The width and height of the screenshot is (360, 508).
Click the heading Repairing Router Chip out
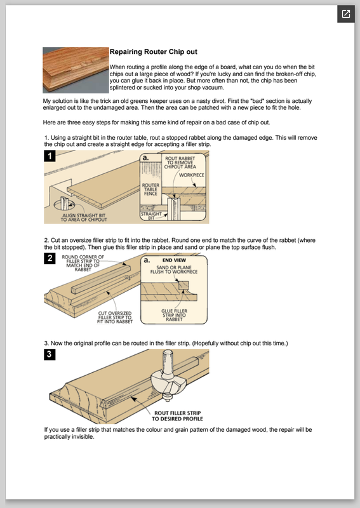tap(153, 52)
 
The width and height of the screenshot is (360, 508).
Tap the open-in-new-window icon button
tap(346, 14)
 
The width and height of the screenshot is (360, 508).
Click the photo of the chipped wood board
tap(76, 70)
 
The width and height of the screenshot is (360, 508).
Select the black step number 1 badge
tap(50, 156)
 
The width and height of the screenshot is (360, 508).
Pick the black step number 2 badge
tap(50, 258)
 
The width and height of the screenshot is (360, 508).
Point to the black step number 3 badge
tap(50, 354)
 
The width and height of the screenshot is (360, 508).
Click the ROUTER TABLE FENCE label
tap(150, 189)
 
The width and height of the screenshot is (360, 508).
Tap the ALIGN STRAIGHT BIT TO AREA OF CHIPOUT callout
tap(84, 217)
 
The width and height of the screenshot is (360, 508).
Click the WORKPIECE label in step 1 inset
tap(192, 175)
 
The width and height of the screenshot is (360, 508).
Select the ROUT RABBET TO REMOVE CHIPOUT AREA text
tap(180, 163)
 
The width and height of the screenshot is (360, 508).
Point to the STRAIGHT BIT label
tap(151, 216)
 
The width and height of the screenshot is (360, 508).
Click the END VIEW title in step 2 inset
tap(175, 260)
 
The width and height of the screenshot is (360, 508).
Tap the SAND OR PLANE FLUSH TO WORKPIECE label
tap(174, 269)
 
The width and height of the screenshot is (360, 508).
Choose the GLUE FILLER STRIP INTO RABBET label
tap(175, 315)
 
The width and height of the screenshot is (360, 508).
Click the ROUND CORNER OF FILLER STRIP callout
tap(83, 263)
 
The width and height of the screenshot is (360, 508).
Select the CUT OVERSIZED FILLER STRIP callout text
tap(115, 317)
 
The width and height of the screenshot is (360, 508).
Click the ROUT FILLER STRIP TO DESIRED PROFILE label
tap(177, 416)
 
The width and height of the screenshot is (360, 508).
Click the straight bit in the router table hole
tap(65, 203)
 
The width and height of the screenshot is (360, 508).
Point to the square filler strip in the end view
tap(183, 285)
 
